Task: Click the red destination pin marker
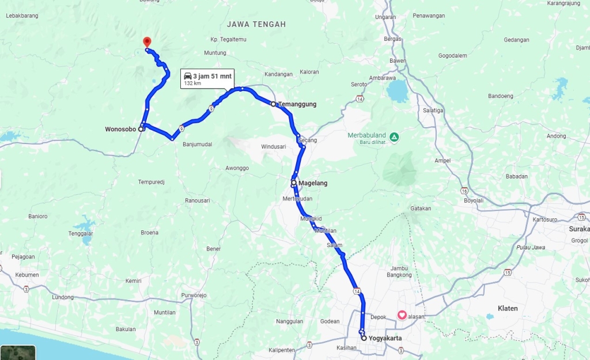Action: (147, 42)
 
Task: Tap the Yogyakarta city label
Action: (385, 338)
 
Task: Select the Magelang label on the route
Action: (313, 183)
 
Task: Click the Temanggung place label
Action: (297, 104)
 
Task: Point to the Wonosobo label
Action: (120, 129)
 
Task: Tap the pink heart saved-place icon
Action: (402, 315)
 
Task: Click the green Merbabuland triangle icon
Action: (394, 137)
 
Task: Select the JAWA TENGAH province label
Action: (256, 24)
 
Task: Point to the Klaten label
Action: (508, 308)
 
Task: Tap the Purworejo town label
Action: (194, 295)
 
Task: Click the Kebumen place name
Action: (27, 275)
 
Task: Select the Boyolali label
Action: (473, 200)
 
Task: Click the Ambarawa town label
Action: (382, 77)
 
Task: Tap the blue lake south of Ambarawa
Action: (397, 91)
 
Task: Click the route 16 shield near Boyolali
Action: (464, 190)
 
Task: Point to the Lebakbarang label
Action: (22, 16)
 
